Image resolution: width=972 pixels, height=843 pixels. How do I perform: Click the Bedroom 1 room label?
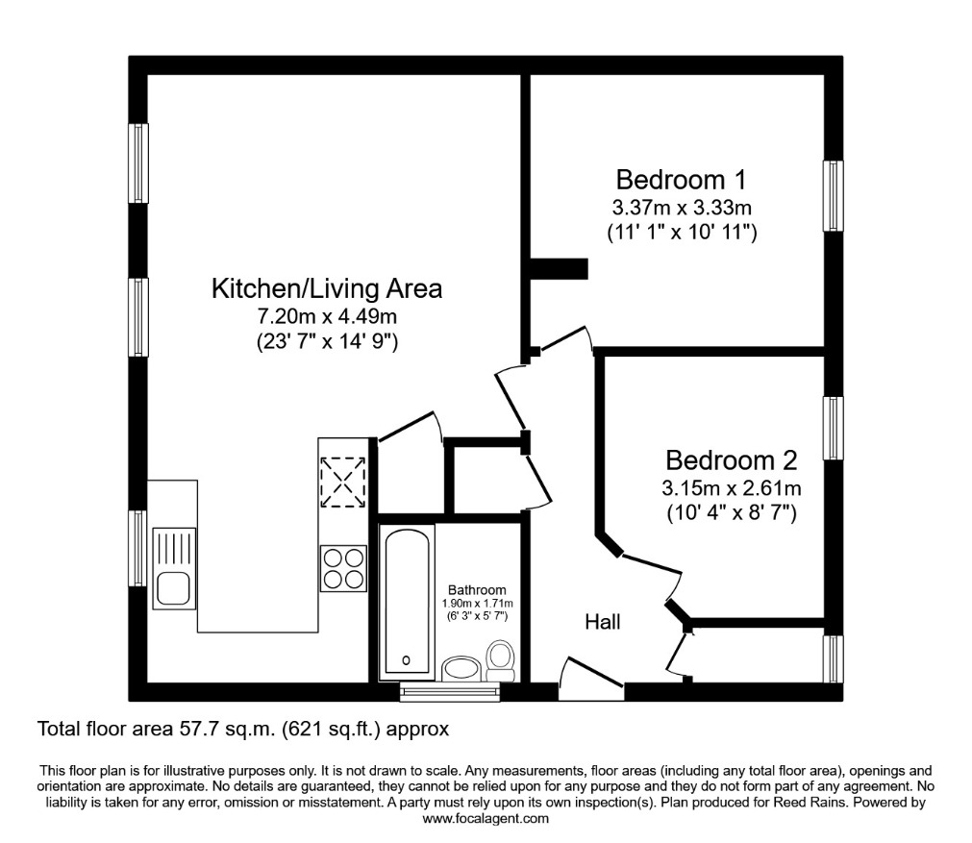coord(682,180)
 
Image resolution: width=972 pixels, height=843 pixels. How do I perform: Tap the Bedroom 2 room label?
coord(731,459)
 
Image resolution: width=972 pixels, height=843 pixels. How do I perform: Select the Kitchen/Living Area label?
coord(327,288)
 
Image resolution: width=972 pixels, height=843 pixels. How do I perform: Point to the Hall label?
coord(603,622)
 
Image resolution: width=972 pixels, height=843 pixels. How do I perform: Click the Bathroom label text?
coord(477,590)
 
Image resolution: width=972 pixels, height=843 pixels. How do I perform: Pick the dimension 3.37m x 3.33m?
coord(682,207)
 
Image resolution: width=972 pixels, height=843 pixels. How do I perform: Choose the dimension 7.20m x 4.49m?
coord(327,315)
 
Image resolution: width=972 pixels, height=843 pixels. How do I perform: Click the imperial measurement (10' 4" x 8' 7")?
coord(731,512)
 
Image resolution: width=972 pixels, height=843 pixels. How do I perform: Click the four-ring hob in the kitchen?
coord(343,567)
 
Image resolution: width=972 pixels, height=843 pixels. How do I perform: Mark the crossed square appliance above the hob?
coord(343,482)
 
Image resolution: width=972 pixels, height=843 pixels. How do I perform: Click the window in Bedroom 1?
coord(833,196)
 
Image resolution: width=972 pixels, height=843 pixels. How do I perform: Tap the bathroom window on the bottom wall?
coord(450,692)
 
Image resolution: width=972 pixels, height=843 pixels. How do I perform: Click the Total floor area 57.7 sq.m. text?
coord(242,730)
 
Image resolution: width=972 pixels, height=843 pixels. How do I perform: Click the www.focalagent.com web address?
coord(486,819)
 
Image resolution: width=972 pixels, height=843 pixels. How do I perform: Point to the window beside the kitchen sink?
coord(138,548)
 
